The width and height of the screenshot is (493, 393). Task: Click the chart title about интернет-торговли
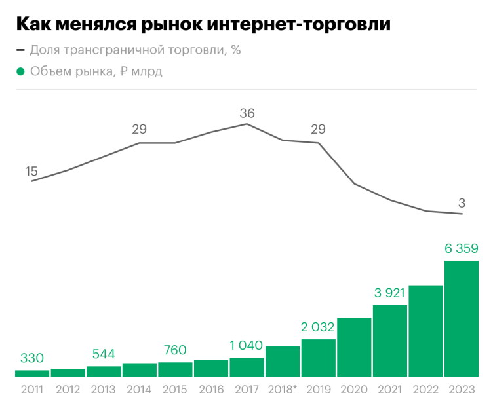click(x=203, y=24)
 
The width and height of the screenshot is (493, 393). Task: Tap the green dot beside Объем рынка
click(x=20, y=71)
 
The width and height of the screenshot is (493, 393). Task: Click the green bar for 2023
click(x=462, y=318)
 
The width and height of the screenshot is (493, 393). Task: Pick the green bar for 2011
click(x=32, y=373)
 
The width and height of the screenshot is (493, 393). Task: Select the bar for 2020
click(x=354, y=347)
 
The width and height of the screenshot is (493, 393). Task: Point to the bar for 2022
click(x=425, y=331)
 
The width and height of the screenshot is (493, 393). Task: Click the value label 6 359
click(x=462, y=248)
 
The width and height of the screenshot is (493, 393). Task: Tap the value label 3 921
click(x=390, y=293)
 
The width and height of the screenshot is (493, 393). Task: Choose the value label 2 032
click(x=318, y=327)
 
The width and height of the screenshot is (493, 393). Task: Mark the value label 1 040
click(x=246, y=345)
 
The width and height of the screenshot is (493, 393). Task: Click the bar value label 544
click(x=104, y=354)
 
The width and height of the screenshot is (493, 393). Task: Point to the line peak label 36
click(x=246, y=113)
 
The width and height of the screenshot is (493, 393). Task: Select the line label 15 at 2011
click(x=31, y=171)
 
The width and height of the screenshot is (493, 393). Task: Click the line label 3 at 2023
click(x=462, y=202)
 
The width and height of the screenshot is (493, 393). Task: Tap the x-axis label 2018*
click(x=283, y=388)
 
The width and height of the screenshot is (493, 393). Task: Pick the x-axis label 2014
click(x=139, y=388)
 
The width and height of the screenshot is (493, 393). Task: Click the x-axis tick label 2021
click(x=390, y=388)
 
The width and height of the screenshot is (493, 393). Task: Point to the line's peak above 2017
click(x=246, y=124)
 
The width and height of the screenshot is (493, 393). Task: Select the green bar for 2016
click(x=211, y=368)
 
